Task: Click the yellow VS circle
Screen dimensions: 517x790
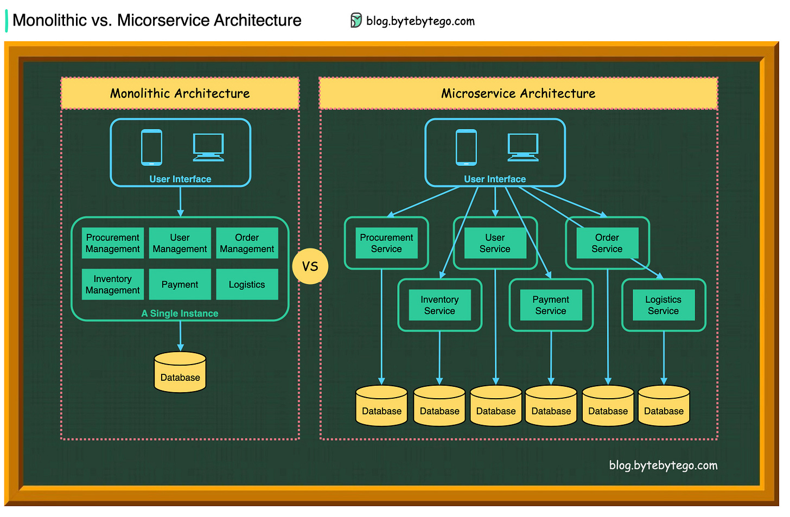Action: point(310,266)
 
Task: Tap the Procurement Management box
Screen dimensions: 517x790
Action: point(113,243)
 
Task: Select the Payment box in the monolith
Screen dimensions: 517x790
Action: point(180,284)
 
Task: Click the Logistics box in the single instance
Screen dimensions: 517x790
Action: point(247,284)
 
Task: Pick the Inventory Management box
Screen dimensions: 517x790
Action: point(113,284)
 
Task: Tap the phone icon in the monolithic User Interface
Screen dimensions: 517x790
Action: point(151,147)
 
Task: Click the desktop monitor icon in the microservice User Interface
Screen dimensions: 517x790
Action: point(523,147)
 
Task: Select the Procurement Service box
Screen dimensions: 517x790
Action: point(386,243)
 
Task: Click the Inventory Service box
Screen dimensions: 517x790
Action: point(439,305)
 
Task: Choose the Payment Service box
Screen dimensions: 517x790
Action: point(551,305)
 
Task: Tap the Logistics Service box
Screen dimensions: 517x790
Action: point(663,305)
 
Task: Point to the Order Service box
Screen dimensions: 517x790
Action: point(607,243)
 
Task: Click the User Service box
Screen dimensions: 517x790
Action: point(495,243)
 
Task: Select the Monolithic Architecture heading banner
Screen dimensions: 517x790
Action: point(180,93)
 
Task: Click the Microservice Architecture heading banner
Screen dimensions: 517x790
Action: point(518,93)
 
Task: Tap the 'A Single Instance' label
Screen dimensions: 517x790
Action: point(180,314)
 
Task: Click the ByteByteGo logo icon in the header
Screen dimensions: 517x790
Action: point(356,21)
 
